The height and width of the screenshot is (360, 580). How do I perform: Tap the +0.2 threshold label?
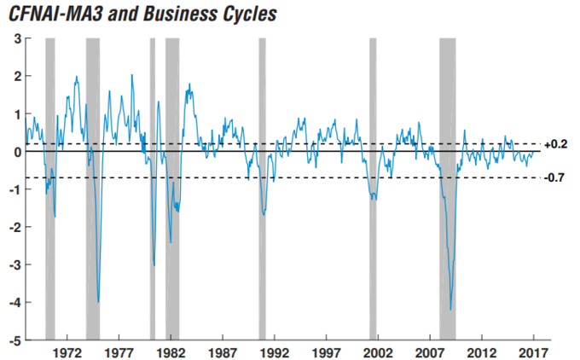[555, 144]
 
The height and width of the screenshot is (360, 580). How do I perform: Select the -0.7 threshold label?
[555, 177]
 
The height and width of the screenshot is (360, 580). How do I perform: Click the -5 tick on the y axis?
[14, 340]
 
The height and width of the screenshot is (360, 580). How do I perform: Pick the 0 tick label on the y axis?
[17, 152]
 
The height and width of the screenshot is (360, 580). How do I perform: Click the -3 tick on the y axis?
[14, 265]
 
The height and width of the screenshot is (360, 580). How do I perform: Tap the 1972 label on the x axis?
[67, 352]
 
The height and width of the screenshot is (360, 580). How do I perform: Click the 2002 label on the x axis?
[378, 352]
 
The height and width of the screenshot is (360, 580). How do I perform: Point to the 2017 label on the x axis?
[533, 352]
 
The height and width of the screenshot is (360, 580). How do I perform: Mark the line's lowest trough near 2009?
[450, 310]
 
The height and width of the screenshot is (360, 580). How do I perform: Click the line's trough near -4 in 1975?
[99, 301]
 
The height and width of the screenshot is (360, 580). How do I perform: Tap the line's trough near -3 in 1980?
[154, 265]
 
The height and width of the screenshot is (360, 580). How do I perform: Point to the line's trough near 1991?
[264, 214]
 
